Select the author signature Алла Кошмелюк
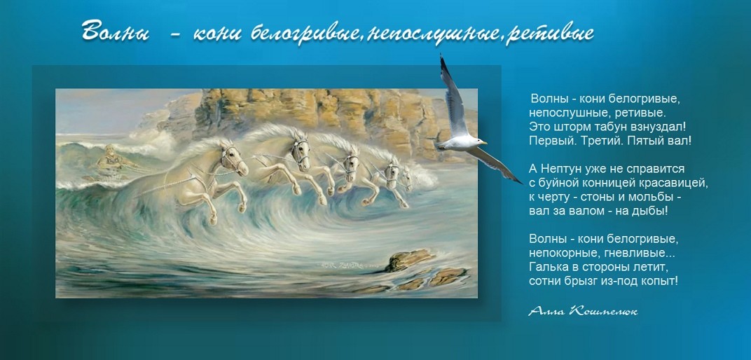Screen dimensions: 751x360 pyautogui.click(x=583, y=312)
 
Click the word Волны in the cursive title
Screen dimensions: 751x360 pyautogui.click(x=115, y=32)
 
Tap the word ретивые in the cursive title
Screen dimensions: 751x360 pyautogui.click(x=551, y=34)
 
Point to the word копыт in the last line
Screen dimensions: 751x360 pyautogui.click(x=663, y=281)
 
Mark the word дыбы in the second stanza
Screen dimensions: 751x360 pyautogui.click(x=653, y=211)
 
